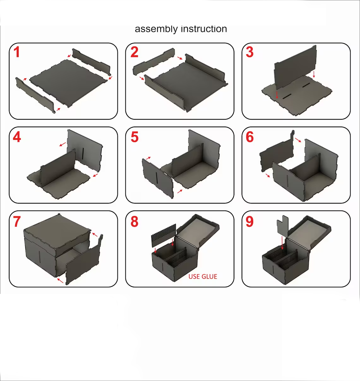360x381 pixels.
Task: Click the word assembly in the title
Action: coord(156,29)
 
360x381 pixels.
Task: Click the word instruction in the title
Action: coord(204,29)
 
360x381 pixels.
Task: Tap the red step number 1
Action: coord(17,52)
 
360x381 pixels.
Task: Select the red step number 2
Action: coord(134,52)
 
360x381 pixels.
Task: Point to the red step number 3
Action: coord(249,52)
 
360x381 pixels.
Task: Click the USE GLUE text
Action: coord(203,277)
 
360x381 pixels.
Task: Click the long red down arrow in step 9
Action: coord(282,243)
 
